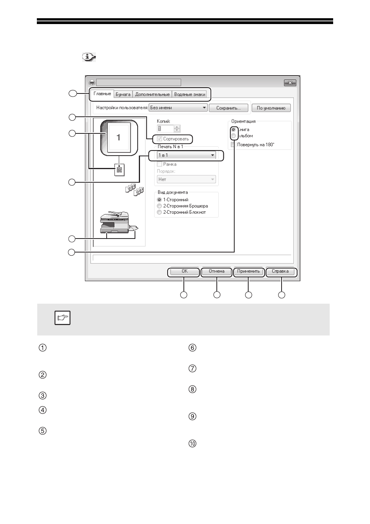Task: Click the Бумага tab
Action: pyautogui.click(x=123, y=94)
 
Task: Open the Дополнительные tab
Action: pyautogui.click(x=152, y=94)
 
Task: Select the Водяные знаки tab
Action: pyautogui.click(x=189, y=94)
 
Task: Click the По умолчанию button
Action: pyautogui.click(x=271, y=108)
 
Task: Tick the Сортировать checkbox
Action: pyautogui.click(x=159, y=139)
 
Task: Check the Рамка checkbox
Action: pyautogui.click(x=159, y=164)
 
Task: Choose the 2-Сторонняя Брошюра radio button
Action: pyautogui.click(x=159, y=206)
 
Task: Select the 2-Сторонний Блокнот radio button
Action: pyautogui.click(x=159, y=212)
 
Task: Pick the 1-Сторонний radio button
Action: pyautogui.click(x=159, y=199)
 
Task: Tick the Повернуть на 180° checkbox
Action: pyautogui.click(x=233, y=145)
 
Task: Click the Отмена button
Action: pyautogui.click(x=216, y=272)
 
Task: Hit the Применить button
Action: pyautogui.click(x=248, y=272)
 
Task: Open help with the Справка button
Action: pyautogui.click(x=280, y=272)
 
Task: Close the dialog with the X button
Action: pyautogui.click(x=290, y=83)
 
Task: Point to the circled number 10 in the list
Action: pyautogui.click(x=192, y=444)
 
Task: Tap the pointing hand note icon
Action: pyautogui.click(x=62, y=318)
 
